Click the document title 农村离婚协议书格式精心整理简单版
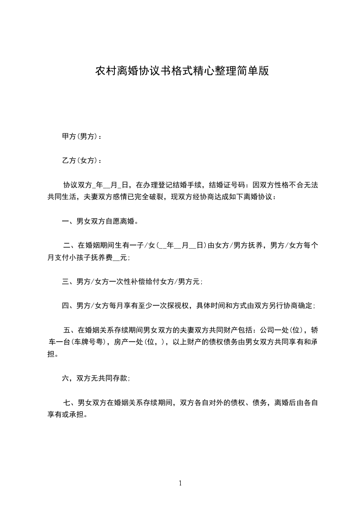click(x=182, y=71)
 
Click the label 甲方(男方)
click(x=79, y=136)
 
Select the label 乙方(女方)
click(x=79, y=160)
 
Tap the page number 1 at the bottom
click(x=180, y=483)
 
